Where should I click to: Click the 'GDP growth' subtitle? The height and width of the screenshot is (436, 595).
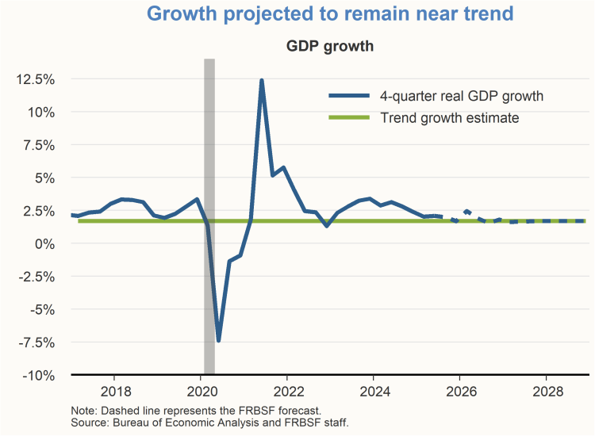click(x=329, y=46)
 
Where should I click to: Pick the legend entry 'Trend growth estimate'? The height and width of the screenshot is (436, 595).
click(x=449, y=118)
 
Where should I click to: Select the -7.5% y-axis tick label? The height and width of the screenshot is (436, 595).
click(x=36, y=342)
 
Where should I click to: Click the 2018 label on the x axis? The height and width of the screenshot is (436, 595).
click(x=115, y=391)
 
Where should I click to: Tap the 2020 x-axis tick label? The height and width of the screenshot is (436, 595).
click(x=202, y=391)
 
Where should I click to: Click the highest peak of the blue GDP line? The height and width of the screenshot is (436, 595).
click(x=261, y=81)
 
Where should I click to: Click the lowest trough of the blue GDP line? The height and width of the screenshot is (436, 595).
click(x=218, y=340)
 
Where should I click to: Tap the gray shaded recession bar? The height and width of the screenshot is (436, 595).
click(x=209, y=159)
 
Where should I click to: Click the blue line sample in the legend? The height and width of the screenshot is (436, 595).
click(x=349, y=96)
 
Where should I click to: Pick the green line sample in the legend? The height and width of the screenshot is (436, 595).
click(x=349, y=118)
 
